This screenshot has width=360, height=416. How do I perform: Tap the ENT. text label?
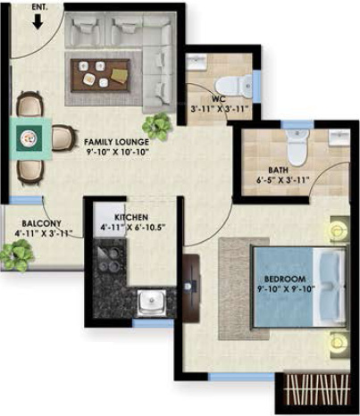(39, 4)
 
